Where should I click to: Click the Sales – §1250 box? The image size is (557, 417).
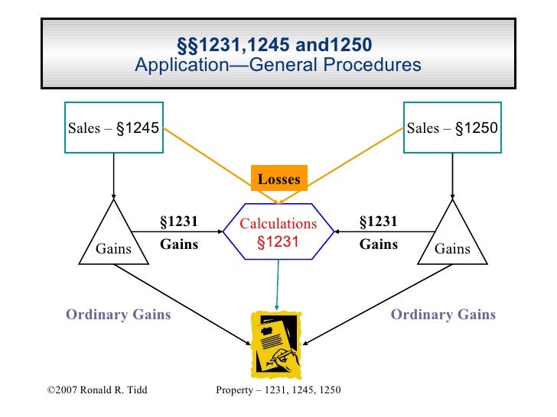click(452, 128)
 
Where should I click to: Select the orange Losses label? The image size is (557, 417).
click(279, 179)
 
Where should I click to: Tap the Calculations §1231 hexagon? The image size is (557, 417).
click(278, 233)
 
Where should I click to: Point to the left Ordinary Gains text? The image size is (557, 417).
click(118, 315)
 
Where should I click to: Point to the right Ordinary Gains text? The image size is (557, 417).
click(443, 315)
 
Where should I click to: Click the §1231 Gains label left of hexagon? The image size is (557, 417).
click(178, 233)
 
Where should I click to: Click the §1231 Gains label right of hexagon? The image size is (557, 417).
click(379, 233)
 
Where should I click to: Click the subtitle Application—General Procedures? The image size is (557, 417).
click(278, 64)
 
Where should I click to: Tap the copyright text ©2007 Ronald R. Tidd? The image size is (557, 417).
click(97, 391)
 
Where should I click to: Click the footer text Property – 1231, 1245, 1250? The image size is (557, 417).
click(278, 391)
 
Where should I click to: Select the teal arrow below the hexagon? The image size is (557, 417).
click(277, 283)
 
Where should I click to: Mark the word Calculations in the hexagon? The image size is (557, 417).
click(278, 224)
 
